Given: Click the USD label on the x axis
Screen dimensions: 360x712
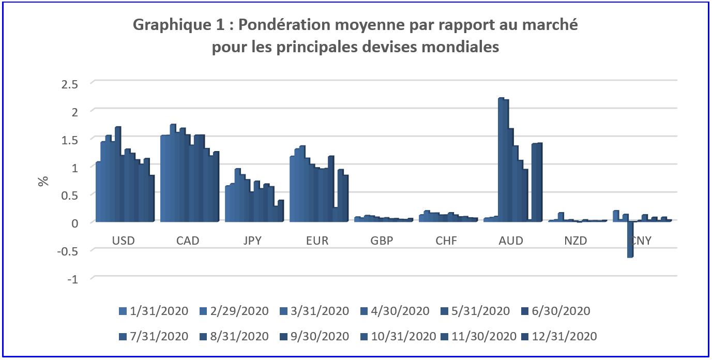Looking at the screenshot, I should [x=123, y=241].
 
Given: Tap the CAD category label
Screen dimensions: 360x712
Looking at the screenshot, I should [x=188, y=241].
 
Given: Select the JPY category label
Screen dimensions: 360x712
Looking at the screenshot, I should [x=253, y=241].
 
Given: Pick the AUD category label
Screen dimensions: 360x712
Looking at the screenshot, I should [x=511, y=241].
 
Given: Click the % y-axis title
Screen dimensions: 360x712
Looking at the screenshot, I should [x=43, y=181].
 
